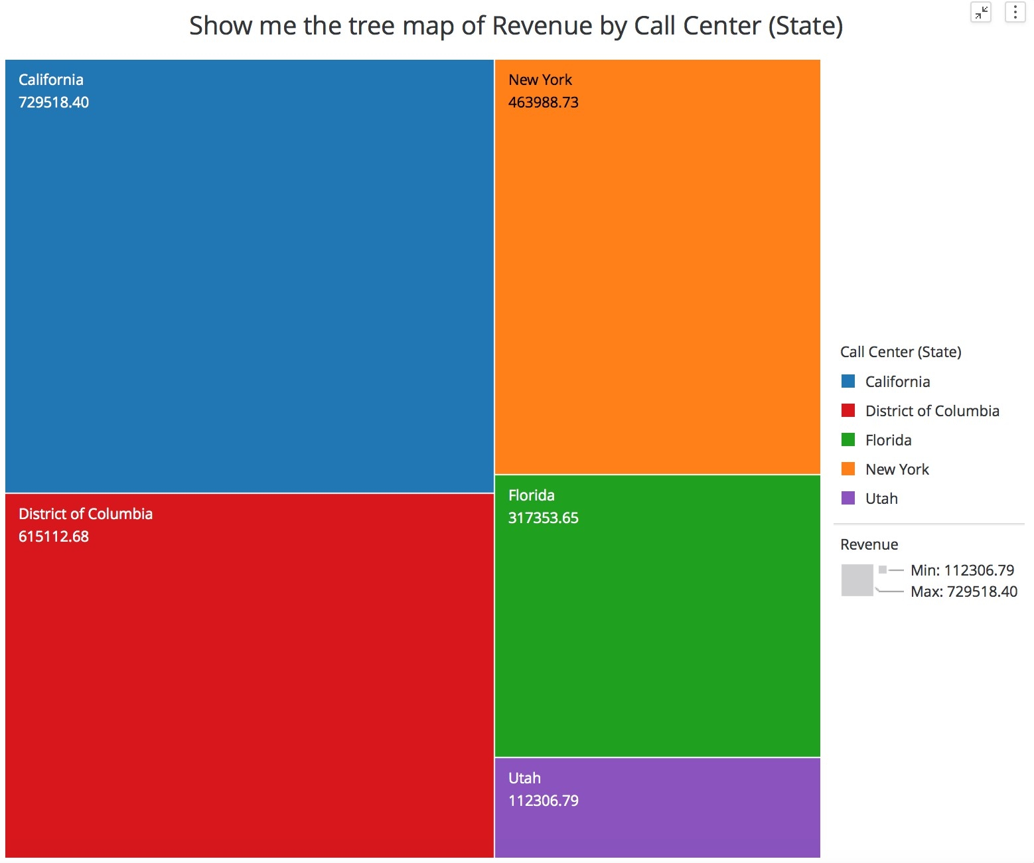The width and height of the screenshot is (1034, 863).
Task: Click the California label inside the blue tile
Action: click(x=51, y=80)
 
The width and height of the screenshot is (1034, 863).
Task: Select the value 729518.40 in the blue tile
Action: click(x=54, y=102)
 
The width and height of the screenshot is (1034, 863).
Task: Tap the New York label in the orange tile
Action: click(x=540, y=80)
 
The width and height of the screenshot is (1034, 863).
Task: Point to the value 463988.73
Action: click(x=544, y=102)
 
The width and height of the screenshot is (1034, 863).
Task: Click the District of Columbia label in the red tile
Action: click(x=86, y=514)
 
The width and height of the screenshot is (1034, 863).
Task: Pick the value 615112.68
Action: click(x=54, y=536)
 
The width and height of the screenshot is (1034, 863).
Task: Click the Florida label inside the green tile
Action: click(x=532, y=495)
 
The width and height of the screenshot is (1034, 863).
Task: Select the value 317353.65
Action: click(x=544, y=518)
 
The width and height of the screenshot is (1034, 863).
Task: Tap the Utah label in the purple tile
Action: click(x=524, y=778)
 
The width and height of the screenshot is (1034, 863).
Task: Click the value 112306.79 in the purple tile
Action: click(x=544, y=801)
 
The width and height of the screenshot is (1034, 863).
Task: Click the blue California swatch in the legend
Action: click(x=848, y=381)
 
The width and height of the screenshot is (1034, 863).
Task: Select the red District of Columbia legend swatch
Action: click(x=848, y=410)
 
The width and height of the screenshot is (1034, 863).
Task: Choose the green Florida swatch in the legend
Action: click(x=848, y=439)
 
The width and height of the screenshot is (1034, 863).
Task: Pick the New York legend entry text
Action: click(x=897, y=469)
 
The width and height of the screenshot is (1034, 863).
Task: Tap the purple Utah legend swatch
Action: click(x=848, y=498)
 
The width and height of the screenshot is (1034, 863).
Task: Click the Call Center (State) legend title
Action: click(x=901, y=352)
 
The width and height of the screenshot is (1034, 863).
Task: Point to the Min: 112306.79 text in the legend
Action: click(x=962, y=570)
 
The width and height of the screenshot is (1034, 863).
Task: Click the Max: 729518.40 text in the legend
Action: click(x=964, y=591)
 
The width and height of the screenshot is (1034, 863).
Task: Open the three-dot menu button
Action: click(x=1015, y=12)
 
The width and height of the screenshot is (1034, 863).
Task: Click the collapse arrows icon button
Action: click(x=981, y=12)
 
